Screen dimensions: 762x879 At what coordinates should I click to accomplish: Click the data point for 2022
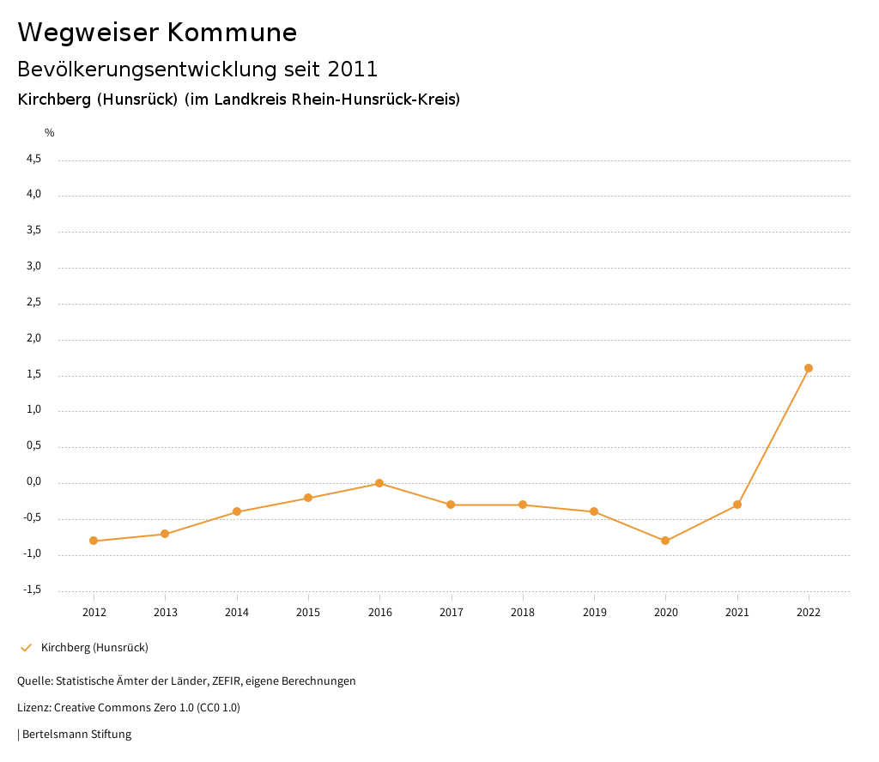tap(808, 368)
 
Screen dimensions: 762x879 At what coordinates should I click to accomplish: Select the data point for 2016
tap(379, 483)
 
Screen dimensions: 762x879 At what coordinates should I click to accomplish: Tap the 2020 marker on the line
tap(665, 541)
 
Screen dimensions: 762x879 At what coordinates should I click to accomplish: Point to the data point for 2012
tap(94, 541)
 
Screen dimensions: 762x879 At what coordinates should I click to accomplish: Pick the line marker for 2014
tap(237, 511)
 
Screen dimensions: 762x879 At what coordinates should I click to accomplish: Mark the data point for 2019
tap(594, 511)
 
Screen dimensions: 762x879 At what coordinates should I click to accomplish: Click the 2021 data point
tap(737, 505)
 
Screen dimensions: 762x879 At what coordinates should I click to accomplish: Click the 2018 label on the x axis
tap(523, 612)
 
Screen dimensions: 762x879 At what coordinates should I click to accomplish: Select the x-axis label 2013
tap(166, 612)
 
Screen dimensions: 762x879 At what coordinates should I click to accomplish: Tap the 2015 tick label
tap(308, 612)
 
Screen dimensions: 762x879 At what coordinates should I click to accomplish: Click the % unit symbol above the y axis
tap(50, 132)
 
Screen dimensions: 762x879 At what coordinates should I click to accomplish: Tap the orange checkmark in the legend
tap(26, 647)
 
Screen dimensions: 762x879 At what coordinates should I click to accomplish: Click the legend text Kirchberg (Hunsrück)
tap(94, 647)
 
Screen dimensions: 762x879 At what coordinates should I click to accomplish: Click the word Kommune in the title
tap(232, 33)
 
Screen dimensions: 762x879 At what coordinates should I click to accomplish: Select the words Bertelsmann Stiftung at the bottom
tap(76, 734)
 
